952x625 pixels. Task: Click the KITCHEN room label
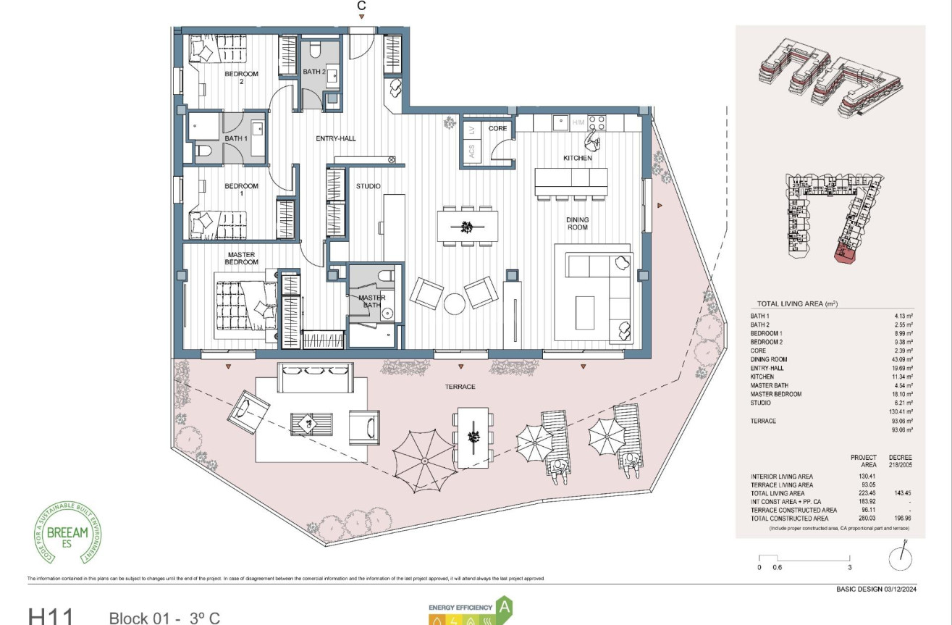[578, 158]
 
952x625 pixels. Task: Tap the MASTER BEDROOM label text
[241, 258]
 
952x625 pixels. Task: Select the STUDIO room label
[368, 187]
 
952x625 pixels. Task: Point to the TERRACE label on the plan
[460, 387]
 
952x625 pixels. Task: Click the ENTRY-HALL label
[335, 138]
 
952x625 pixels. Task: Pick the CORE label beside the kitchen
[497, 128]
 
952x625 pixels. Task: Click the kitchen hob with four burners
[597, 122]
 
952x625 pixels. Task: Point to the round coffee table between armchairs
[454, 303]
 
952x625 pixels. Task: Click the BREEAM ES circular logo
[67, 532]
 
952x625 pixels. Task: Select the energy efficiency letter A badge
[505, 608]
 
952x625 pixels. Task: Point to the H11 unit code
[51, 617]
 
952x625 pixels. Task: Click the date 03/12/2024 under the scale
[901, 589]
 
